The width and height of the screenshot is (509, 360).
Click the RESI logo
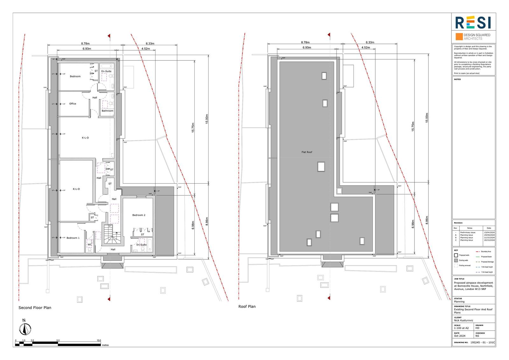[473, 23]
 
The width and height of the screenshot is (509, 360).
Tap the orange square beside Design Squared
[459, 37]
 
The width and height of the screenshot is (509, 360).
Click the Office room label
[73, 104]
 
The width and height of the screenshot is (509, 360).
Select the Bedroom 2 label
[139, 215]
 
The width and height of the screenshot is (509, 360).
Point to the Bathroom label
[107, 111]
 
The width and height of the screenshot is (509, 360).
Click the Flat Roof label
[307, 152]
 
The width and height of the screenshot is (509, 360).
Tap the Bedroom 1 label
[73, 238]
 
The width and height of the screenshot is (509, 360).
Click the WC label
[90, 244]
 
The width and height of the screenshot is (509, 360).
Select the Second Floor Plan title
[35, 308]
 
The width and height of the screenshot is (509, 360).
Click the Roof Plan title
[247, 307]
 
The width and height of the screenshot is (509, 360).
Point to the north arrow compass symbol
[24, 328]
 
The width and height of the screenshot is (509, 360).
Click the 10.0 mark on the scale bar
[99, 340]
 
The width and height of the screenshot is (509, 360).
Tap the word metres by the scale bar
[105, 345]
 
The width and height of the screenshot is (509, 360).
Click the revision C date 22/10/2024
[489, 240]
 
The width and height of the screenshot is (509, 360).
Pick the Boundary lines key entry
[486, 252]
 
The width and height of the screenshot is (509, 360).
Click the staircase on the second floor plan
[111, 236]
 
